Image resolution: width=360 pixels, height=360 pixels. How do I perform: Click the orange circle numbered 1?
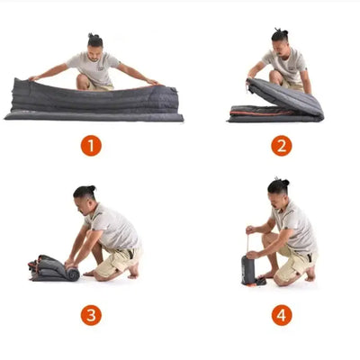[91, 146]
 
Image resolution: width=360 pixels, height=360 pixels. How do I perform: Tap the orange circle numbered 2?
[282, 146]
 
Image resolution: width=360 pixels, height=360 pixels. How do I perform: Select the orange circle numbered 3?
[91, 315]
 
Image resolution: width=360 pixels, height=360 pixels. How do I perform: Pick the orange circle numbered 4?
[282, 315]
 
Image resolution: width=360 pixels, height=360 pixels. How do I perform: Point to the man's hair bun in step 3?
[92, 189]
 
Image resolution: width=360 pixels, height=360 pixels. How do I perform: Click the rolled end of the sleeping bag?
[73, 274]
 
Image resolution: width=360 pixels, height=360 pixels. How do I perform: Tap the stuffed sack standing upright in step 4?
[248, 270]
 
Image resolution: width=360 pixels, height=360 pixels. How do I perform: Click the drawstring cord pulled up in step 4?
[248, 244]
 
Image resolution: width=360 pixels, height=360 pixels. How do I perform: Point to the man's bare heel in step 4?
[310, 274]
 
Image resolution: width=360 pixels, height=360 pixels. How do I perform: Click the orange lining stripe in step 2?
[261, 113]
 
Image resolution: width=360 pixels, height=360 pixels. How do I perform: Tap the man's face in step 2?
[277, 49]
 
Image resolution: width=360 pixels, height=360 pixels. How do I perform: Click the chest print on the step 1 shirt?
[101, 68]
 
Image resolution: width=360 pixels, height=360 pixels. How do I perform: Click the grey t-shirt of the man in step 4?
[294, 227]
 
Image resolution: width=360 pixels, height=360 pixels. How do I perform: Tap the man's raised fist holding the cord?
[249, 230]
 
